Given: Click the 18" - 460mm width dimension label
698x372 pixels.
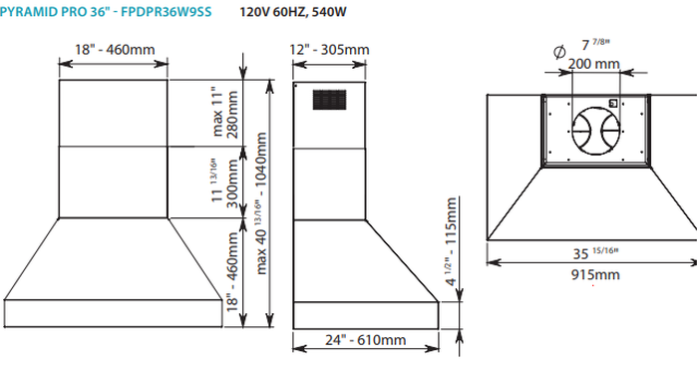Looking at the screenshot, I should coord(113,51).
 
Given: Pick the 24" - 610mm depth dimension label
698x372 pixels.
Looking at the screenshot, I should coord(364,339).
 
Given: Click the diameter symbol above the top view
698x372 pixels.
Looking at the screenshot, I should coord(556,48).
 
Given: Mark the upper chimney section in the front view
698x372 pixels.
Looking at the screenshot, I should coord(113,114).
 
